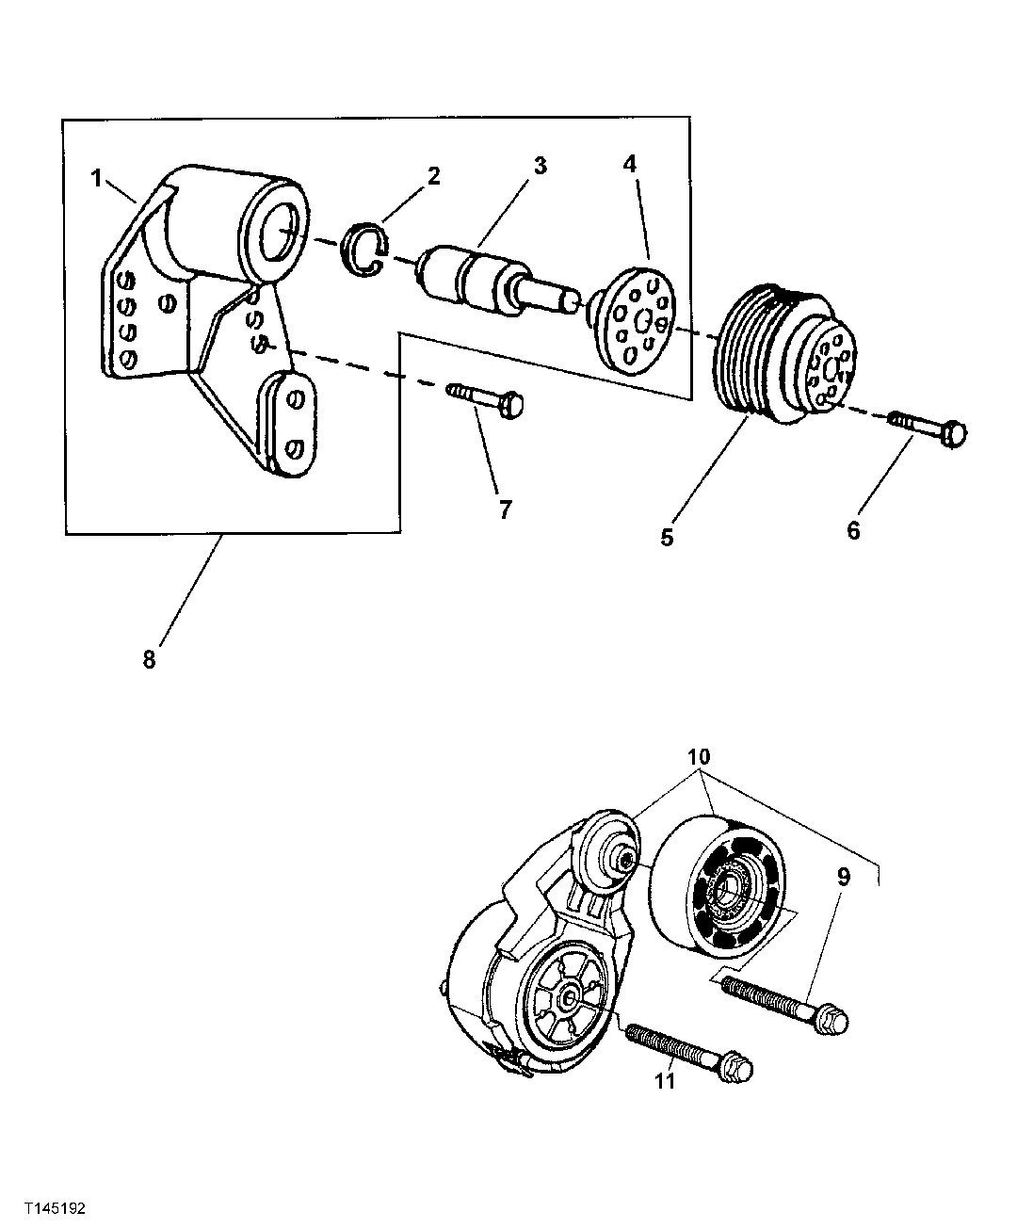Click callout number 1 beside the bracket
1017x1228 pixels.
tap(96, 176)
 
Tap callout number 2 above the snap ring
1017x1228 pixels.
tap(432, 175)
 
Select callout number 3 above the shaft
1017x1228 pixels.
tap(539, 166)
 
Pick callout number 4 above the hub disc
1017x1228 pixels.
tap(629, 163)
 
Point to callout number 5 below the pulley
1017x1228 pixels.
tap(667, 539)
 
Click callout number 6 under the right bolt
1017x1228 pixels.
tap(853, 531)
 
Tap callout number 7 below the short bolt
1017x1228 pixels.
tap(505, 509)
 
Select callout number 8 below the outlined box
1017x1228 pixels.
tap(149, 659)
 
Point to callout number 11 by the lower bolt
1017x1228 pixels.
tap(665, 1081)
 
